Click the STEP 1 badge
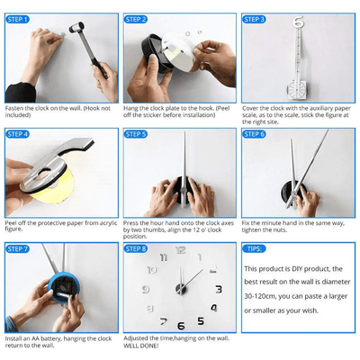[x=18, y=19]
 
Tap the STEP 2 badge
[x=136, y=19]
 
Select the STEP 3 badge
[x=254, y=19]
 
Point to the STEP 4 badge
[x=18, y=134]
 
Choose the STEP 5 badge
[x=136, y=134]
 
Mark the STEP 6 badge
[x=254, y=134]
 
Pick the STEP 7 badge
[x=18, y=249]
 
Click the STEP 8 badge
[x=136, y=249]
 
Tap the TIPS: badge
[x=255, y=249]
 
